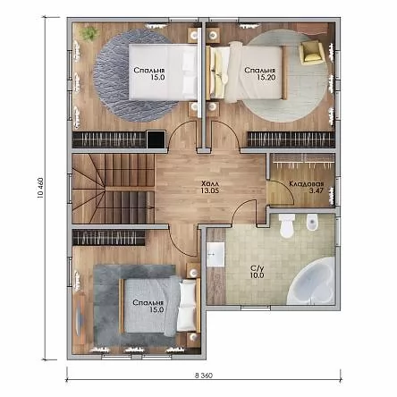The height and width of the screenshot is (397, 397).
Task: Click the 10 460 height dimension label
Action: point(40,188)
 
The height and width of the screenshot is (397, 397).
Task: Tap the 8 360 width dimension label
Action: point(204,376)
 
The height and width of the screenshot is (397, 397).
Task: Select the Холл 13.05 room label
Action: point(210,187)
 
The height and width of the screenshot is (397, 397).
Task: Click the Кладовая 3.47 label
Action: point(307,187)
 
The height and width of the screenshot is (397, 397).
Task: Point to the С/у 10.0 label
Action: point(257,271)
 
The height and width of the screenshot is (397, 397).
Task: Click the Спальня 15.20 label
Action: point(260,73)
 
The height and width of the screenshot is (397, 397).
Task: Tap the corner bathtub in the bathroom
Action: point(311,281)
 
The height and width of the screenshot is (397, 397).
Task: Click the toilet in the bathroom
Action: point(287,225)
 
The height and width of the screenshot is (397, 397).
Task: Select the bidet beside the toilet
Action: point(313,222)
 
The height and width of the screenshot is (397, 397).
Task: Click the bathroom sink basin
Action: point(215,255)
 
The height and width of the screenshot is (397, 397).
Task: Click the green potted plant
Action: point(89,34)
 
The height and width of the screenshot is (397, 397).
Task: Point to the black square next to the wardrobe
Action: point(156,139)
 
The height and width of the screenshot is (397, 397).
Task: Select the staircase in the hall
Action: point(114,189)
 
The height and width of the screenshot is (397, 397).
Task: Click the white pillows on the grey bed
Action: point(187,307)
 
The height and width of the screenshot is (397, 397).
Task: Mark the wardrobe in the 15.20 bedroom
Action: point(291,139)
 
